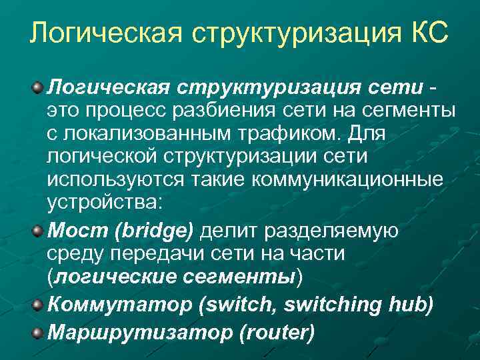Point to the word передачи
tap(149, 255)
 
